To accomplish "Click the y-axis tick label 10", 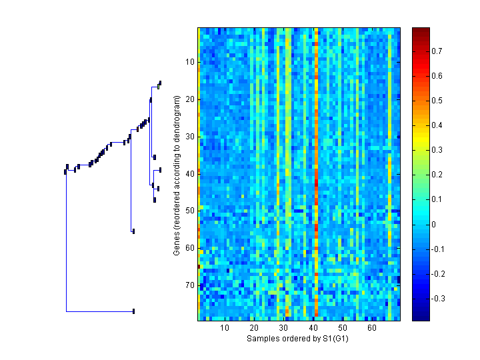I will [x=189, y=62].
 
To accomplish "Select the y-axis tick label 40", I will [x=189, y=173].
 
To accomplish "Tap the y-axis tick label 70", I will [x=189, y=285].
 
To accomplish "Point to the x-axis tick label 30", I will [x=283, y=329].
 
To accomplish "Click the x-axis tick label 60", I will [x=372, y=329].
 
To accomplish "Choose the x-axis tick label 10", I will [x=225, y=329].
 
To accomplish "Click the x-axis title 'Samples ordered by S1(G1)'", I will [x=298, y=339].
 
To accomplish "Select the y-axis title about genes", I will [x=177, y=175].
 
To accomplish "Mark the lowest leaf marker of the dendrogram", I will [x=134, y=311].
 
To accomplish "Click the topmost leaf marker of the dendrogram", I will [x=160, y=83].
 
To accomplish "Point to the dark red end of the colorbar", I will [x=421, y=31].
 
